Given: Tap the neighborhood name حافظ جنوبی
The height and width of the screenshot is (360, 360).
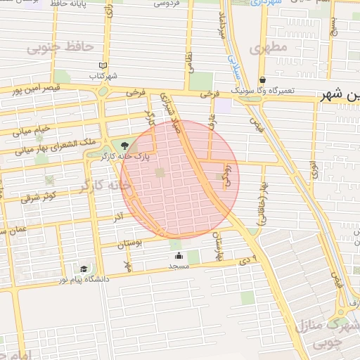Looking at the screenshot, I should [60, 47].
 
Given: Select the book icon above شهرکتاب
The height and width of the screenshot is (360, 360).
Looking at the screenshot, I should [103, 64].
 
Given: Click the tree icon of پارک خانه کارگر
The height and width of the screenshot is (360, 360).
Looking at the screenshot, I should [124, 146].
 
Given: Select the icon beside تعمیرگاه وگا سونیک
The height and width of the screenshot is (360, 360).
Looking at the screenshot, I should [262, 80].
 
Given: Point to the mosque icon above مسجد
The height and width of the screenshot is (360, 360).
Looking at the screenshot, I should [179, 256].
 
